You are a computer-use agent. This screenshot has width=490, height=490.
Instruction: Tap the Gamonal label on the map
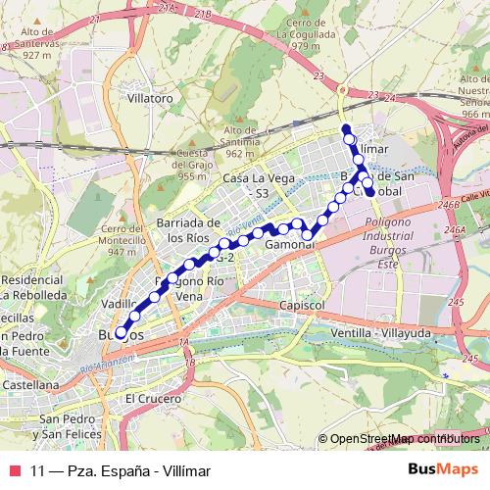(288, 244)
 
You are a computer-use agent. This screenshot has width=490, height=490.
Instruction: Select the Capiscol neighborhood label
(302, 306)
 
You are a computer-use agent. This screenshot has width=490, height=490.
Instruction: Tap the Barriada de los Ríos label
(190, 230)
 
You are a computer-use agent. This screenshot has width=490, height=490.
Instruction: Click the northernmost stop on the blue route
(345, 128)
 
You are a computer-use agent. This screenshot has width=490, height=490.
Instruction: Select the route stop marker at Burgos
(122, 333)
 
